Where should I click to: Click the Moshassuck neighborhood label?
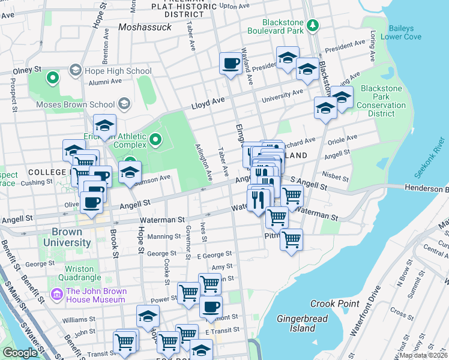pos(145,27)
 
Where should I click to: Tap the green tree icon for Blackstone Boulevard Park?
pos(312,25)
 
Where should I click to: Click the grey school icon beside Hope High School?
pos(76,71)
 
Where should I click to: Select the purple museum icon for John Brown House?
pos(57,295)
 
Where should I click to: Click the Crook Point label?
pos(335,304)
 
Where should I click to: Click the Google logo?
pos(20,353)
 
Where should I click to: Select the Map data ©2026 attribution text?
pos(423,355)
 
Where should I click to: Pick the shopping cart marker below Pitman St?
pos(291,239)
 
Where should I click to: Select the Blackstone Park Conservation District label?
pos(382,101)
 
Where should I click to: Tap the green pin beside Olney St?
pos(53,77)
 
